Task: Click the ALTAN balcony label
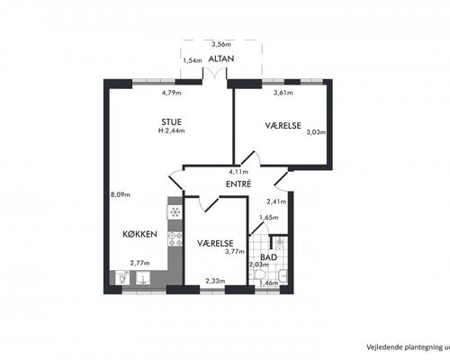coord(221,58)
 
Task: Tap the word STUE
coord(172,122)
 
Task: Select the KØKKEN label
coord(139,234)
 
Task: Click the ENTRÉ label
coord(238,184)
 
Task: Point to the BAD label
coord(268,257)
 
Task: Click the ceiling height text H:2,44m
coord(172,130)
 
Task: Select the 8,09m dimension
coord(121,194)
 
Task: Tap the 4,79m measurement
coord(172,93)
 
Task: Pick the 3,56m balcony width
coord(221,45)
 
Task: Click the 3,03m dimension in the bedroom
coord(316,132)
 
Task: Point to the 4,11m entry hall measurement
coord(238,172)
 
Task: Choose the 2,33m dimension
coord(215,281)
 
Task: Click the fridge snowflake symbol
coord(175,212)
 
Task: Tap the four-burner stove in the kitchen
coord(175,238)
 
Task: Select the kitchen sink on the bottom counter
coord(144,278)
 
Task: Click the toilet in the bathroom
coord(257,274)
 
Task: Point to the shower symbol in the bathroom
coord(280,243)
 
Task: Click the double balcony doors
coord(214,74)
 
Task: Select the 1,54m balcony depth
coord(193,60)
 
